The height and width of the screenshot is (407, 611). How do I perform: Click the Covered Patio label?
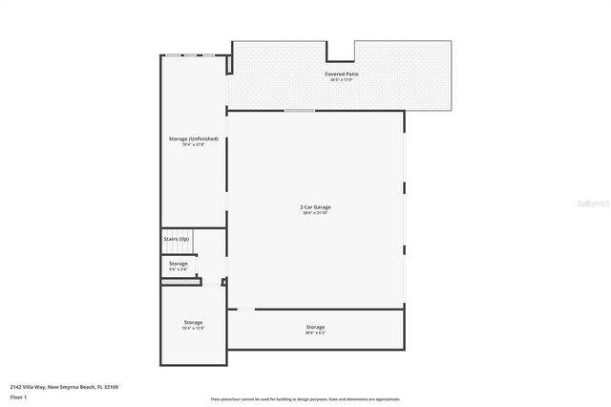[x=341, y=74]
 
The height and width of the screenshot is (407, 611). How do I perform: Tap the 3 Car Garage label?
[x=315, y=206]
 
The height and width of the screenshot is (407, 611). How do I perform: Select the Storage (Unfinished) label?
[x=193, y=139]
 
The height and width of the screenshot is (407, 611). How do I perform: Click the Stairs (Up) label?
[x=177, y=238]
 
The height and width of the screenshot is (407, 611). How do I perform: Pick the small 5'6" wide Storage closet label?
[x=179, y=263]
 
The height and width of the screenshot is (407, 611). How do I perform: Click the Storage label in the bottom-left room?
[x=193, y=322]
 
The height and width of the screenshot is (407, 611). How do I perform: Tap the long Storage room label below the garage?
[x=315, y=327]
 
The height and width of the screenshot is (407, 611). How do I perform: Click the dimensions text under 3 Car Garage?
[x=315, y=213]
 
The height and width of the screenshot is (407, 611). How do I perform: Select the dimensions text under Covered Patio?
[x=341, y=79]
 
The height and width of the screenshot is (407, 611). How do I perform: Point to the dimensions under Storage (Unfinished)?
[x=193, y=145]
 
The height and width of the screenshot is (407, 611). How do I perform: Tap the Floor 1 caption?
[x=18, y=396]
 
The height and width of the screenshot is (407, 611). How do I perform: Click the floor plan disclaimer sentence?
[x=305, y=399]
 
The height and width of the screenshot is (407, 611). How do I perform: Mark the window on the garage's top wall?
[x=300, y=111]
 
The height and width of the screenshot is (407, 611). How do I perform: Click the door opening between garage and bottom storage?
[x=245, y=309]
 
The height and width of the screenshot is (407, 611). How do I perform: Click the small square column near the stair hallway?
[x=223, y=282]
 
